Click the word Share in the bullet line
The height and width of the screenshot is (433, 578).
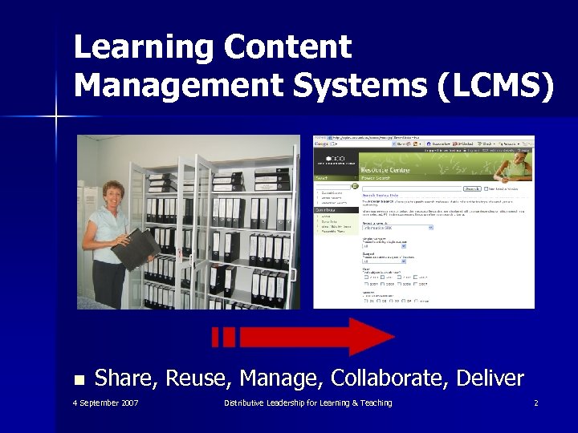pyautogui.click(x=128, y=378)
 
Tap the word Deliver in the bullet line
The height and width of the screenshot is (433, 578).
pyautogui.click(x=490, y=378)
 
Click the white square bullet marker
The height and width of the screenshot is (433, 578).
pyautogui.click(x=78, y=379)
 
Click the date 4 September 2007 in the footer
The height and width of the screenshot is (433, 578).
pyautogui.click(x=105, y=403)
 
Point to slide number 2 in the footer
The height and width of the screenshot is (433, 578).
pyautogui.click(x=535, y=403)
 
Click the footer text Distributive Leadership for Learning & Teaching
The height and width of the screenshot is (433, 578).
pyautogui.click(x=308, y=403)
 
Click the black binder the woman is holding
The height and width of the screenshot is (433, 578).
pyautogui.click(x=136, y=248)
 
